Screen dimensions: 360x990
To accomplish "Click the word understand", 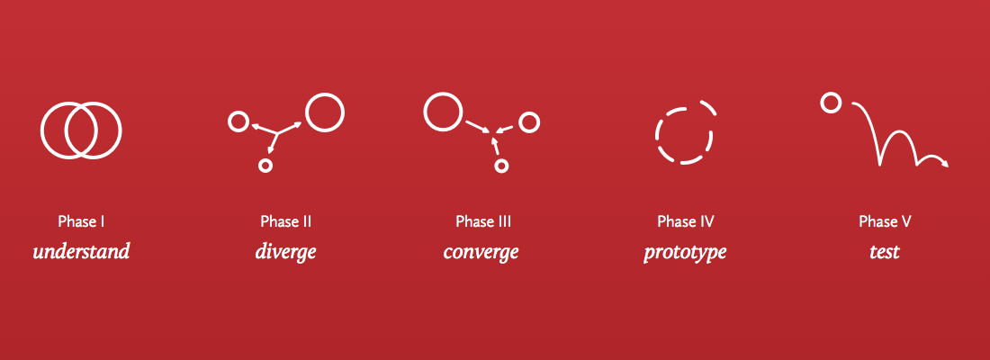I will coord(81,251).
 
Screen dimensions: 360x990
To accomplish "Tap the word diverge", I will coord(285,251).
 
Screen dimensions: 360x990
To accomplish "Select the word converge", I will coord(481,251).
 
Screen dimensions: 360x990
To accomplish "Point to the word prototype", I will coord(684,252).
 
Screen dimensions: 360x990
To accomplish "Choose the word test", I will coord(884,251).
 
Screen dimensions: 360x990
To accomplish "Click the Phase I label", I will coord(82,221).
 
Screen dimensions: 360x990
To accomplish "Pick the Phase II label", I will coord(286,221).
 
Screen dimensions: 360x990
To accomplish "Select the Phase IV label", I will coord(685,221).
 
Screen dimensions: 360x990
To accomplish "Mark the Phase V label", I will coord(885,221).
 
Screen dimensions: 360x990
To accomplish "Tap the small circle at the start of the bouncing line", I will coord(831,103).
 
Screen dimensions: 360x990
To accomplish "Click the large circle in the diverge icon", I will coord(324,112).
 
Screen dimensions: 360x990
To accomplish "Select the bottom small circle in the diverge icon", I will coord(265,166).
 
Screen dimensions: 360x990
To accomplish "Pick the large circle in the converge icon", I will coord(442,112).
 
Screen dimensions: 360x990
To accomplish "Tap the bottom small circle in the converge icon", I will coord(501,166).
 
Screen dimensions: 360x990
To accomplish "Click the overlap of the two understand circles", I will coord(81,131).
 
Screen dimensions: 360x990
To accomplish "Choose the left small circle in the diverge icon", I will coord(238,121).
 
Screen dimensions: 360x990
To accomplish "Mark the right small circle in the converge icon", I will coord(528,121).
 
